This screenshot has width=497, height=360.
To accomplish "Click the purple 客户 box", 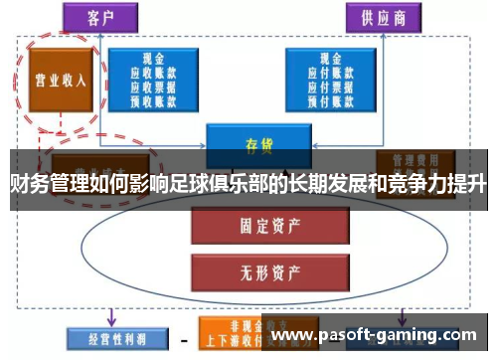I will [x=99, y=17].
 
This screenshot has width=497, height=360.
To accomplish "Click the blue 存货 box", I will [x=251, y=141].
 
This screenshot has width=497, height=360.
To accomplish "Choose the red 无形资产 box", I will [x=251, y=267].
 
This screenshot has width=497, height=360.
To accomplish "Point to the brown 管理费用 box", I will [x=415, y=162].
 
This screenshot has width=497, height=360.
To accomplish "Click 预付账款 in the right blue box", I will [x=331, y=98].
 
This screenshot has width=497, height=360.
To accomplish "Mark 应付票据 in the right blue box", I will [x=331, y=86].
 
